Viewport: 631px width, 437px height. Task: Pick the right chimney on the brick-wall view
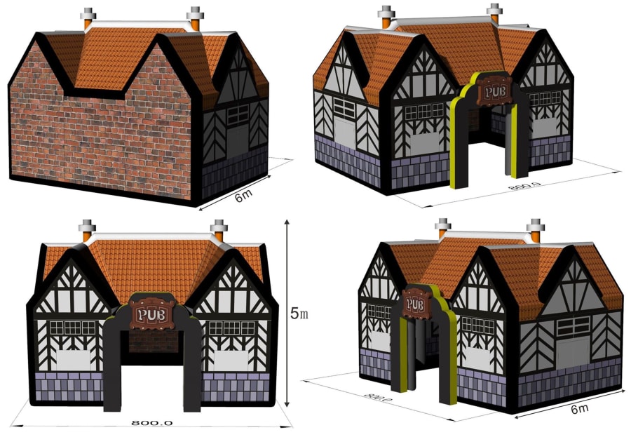tap(195, 19)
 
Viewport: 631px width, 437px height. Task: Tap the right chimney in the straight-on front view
tap(219, 229)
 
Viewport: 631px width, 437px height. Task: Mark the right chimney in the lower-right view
tap(536, 229)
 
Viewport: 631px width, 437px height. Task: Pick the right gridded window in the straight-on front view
tap(224, 328)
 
